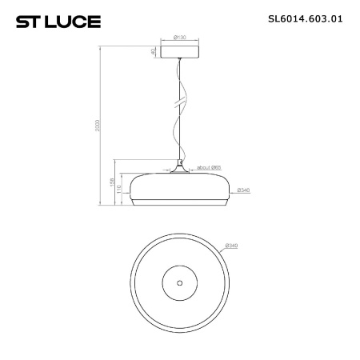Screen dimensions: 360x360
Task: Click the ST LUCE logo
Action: point(58,22)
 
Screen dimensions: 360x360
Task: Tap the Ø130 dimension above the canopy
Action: point(179,36)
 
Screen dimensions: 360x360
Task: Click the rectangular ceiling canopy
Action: point(180,50)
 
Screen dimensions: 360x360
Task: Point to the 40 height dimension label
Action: point(153,50)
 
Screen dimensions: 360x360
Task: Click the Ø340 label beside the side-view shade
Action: point(246,190)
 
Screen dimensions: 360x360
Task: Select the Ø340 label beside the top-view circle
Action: point(232,245)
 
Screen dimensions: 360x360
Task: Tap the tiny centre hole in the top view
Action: point(179,282)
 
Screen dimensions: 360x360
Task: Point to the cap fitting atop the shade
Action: point(181,167)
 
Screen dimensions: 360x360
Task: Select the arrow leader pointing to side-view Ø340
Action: point(235,190)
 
